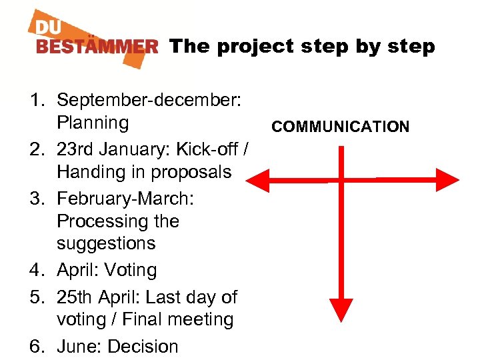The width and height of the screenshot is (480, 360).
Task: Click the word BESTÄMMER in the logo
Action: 97,47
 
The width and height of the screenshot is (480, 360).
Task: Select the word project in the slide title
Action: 253,47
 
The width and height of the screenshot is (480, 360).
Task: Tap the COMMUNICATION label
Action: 341,127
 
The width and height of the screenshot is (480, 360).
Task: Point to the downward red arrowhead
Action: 341,308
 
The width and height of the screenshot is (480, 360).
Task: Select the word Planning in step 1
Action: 93,123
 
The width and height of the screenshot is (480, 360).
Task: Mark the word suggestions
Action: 106,243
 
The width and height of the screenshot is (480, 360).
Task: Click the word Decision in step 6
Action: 143,347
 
